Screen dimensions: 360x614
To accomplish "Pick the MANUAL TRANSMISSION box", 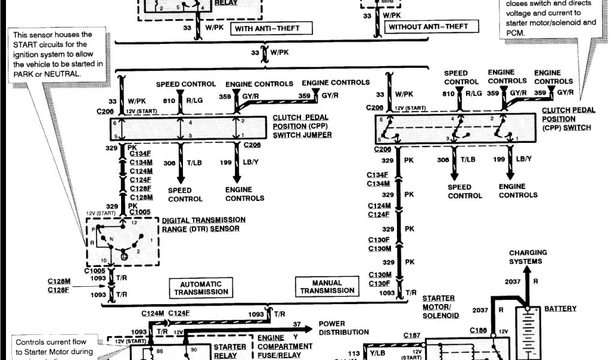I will tap(327, 287).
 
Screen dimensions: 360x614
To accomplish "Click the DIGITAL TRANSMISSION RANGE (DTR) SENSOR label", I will tap(203, 224).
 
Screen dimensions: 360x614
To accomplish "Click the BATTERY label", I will tap(560, 308).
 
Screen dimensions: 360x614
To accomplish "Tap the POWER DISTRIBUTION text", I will tap(344, 328).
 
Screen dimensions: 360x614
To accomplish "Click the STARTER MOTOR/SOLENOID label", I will tap(438, 307).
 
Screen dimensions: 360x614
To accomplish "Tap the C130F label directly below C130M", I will tap(380, 283).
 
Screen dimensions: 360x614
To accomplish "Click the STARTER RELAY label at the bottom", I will tap(230, 350).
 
